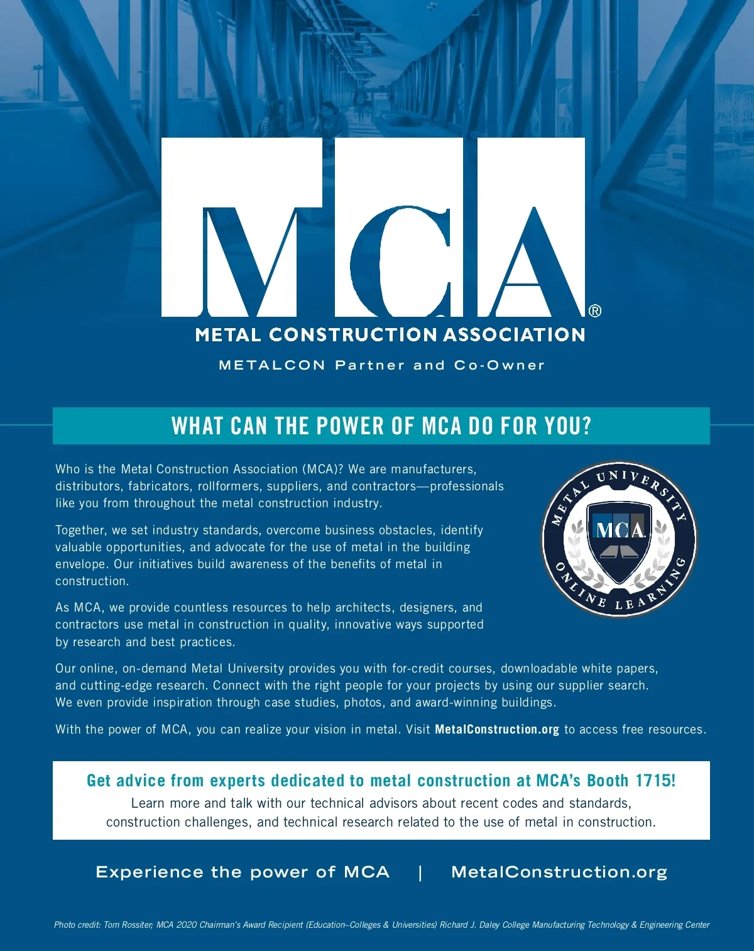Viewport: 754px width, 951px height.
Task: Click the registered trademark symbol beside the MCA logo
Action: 595,311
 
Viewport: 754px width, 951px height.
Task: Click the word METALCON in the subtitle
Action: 272,365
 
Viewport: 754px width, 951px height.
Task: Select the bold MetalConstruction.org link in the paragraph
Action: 496,730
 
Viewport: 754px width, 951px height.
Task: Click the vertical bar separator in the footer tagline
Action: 420,872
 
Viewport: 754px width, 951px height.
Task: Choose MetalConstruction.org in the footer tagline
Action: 559,872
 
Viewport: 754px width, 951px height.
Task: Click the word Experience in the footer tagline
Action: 150,872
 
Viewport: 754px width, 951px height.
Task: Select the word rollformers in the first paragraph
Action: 229,486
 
